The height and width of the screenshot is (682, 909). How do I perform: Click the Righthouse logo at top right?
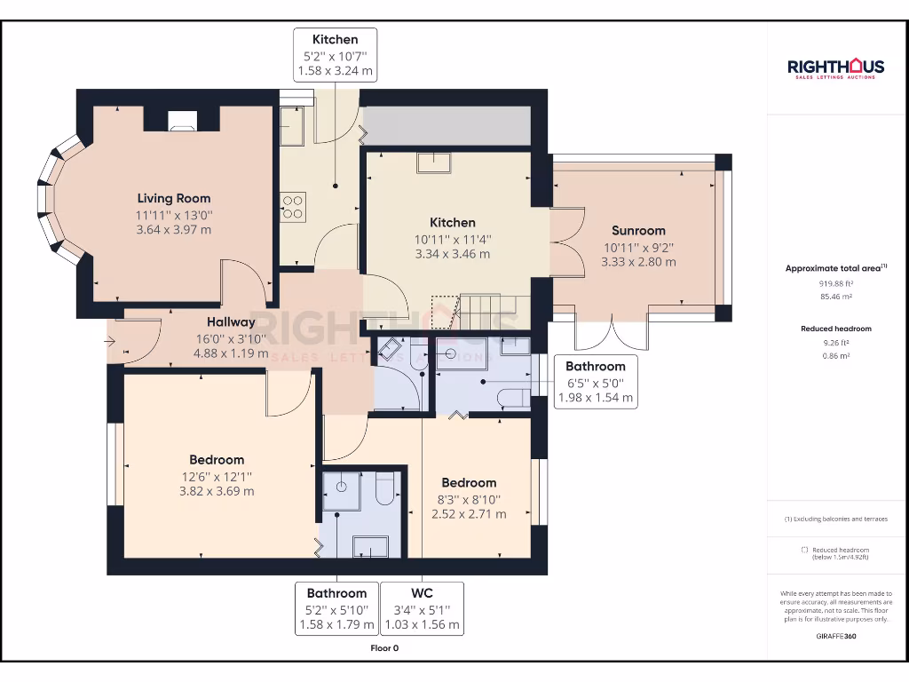pos(835,68)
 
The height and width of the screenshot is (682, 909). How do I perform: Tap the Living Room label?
pos(174,198)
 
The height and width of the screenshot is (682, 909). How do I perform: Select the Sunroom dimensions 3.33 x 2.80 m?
pos(638,262)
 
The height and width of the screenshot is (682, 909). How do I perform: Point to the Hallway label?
pos(231,321)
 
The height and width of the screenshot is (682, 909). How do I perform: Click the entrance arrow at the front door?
pos(109,341)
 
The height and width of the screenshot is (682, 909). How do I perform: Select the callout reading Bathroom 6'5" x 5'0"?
pos(596,382)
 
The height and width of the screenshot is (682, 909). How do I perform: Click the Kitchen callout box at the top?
pos(335,55)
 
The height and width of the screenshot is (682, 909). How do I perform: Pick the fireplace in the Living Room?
pos(182,121)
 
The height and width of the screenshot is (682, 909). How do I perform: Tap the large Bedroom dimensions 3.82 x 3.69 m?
pos(217,491)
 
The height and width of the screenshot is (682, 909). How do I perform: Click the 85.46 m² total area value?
pos(836,297)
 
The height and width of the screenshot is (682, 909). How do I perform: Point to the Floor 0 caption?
pos(384,648)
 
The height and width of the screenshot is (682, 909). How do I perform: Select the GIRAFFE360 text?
pos(836,636)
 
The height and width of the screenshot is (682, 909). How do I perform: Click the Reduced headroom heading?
pos(836,329)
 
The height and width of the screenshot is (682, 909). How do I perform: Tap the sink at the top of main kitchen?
pos(433,163)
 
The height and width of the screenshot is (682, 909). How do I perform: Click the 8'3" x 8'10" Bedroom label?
pos(469,500)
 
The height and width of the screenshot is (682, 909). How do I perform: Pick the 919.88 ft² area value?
pos(836,283)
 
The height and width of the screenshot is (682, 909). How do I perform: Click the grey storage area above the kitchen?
pos(447,125)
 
